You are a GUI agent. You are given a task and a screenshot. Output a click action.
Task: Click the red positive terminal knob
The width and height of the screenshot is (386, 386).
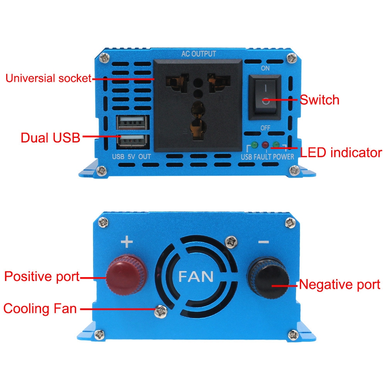point(127,274)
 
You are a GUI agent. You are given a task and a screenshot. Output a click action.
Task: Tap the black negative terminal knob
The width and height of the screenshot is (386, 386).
point(269,278)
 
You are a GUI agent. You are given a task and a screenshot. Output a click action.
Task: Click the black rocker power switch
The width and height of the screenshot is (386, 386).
point(265,97)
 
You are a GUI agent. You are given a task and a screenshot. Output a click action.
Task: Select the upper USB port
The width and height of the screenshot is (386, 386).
point(133,122)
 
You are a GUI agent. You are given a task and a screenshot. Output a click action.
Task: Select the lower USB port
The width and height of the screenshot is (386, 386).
point(133,141)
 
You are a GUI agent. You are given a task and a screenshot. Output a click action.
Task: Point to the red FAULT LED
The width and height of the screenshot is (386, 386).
point(265,145)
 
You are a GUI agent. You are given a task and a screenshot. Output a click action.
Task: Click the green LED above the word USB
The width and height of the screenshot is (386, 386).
point(254,145)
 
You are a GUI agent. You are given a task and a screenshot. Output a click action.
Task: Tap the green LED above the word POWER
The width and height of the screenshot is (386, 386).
point(276,145)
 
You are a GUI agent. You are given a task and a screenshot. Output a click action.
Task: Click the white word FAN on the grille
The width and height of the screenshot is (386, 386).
point(196,276)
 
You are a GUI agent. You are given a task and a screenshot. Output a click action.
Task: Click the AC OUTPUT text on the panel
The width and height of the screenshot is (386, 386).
point(199,54)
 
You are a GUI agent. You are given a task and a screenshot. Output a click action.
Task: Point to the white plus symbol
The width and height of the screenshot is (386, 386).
point(127,242)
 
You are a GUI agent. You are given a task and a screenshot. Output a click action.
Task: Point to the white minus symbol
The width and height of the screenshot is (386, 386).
point(264,242)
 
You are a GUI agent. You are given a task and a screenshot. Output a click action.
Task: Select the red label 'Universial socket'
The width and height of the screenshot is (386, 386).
point(49,78)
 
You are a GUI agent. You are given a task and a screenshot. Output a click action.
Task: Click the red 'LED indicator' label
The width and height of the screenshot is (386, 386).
point(341,152)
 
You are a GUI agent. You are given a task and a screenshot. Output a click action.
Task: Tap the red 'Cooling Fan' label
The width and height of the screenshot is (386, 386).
point(40,309)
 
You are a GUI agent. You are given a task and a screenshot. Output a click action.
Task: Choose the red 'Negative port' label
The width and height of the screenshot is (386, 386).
point(340,284)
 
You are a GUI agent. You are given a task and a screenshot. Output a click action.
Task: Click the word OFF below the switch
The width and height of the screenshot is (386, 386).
point(266,128)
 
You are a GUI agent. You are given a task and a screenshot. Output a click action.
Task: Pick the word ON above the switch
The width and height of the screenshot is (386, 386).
point(265,68)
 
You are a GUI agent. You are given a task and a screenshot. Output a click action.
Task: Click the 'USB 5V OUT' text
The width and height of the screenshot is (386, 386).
point(132,157)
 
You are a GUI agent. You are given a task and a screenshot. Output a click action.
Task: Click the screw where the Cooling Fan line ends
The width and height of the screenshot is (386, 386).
point(161,312)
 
